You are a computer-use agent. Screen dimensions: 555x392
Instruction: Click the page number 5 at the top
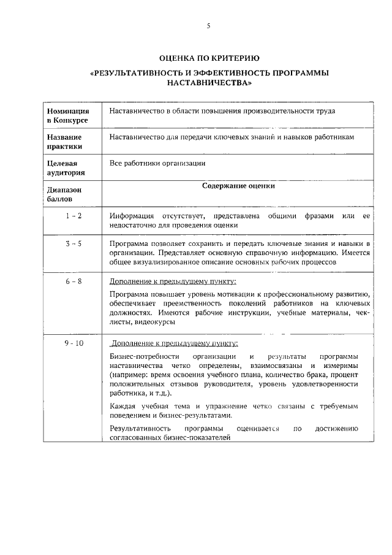click(208, 26)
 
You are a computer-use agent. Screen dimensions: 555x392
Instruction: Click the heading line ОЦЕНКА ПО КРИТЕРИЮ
click(209, 58)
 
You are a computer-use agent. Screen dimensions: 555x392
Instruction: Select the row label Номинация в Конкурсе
click(68, 115)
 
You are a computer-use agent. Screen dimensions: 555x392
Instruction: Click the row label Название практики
click(64, 142)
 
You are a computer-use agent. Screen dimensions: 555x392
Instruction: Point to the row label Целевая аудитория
click(62, 168)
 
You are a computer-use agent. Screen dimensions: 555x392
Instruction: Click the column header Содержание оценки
click(238, 186)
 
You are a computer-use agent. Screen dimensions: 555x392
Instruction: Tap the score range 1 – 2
click(73, 216)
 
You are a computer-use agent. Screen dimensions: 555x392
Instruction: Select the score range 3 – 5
click(73, 243)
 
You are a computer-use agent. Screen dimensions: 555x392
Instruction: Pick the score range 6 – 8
click(73, 281)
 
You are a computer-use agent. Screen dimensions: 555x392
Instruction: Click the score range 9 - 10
click(73, 343)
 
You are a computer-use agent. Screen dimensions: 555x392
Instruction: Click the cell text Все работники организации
click(157, 164)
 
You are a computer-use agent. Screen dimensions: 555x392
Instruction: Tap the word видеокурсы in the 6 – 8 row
click(153, 322)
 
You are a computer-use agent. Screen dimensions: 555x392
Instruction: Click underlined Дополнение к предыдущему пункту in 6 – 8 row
click(172, 281)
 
